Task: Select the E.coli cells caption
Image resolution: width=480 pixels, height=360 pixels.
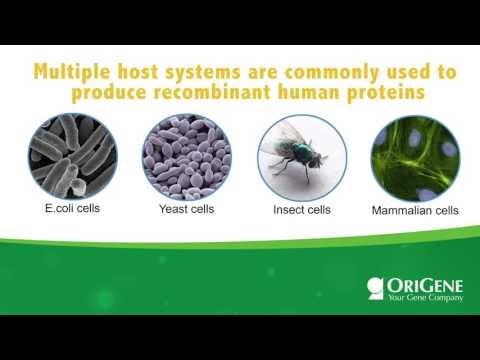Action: pos(72,210)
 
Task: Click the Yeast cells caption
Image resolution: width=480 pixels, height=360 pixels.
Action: pos(186,210)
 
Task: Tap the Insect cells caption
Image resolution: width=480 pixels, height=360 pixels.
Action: pos(301,210)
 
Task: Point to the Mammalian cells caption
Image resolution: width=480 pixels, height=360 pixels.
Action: pos(415,211)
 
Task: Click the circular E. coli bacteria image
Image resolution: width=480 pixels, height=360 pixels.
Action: pos(72,155)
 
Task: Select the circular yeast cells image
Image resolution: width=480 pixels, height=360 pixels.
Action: pos(186,155)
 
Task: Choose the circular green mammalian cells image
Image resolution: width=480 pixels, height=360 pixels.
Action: pos(415,155)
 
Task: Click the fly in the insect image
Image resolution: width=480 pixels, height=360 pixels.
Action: pos(301,155)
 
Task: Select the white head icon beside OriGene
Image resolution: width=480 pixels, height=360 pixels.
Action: pos(377,289)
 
